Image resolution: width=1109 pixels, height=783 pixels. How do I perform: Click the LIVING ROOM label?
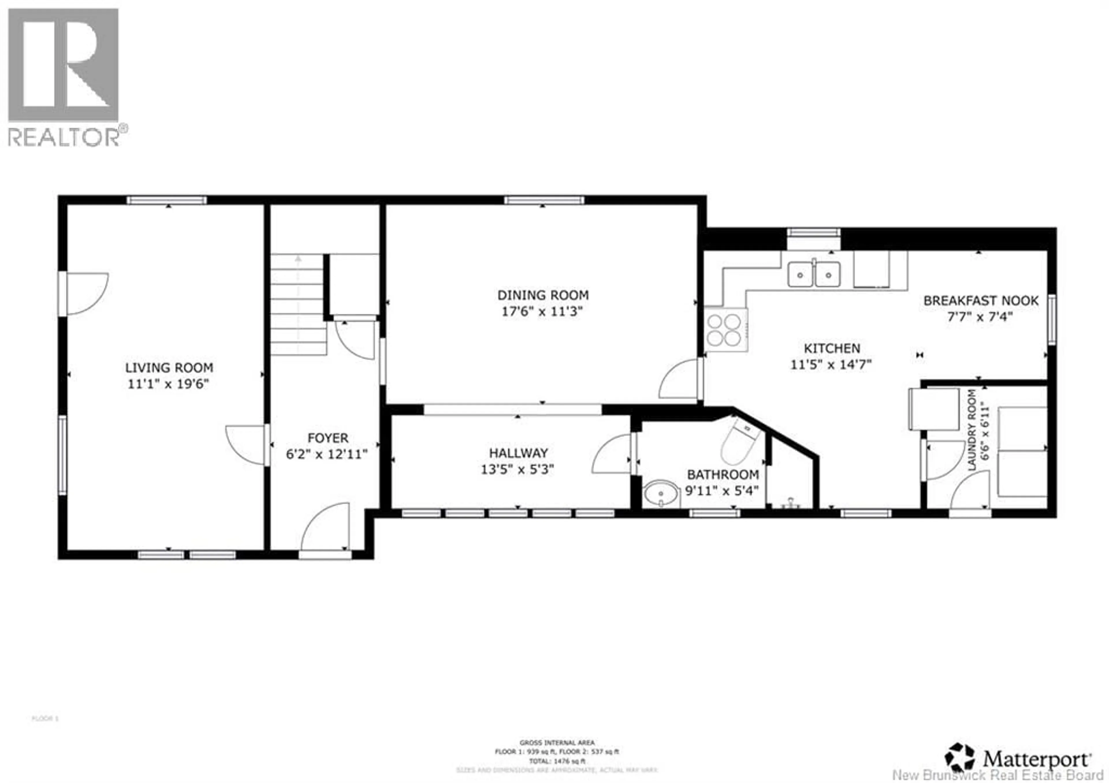pyautogui.click(x=169, y=368)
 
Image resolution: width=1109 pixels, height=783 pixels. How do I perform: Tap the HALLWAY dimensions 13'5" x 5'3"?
pyautogui.click(x=517, y=470)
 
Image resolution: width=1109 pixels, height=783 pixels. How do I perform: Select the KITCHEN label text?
pyautogui.click(x=832, y=348)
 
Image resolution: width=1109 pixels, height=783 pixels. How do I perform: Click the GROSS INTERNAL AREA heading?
pyautogui.click(x=557, y=743)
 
